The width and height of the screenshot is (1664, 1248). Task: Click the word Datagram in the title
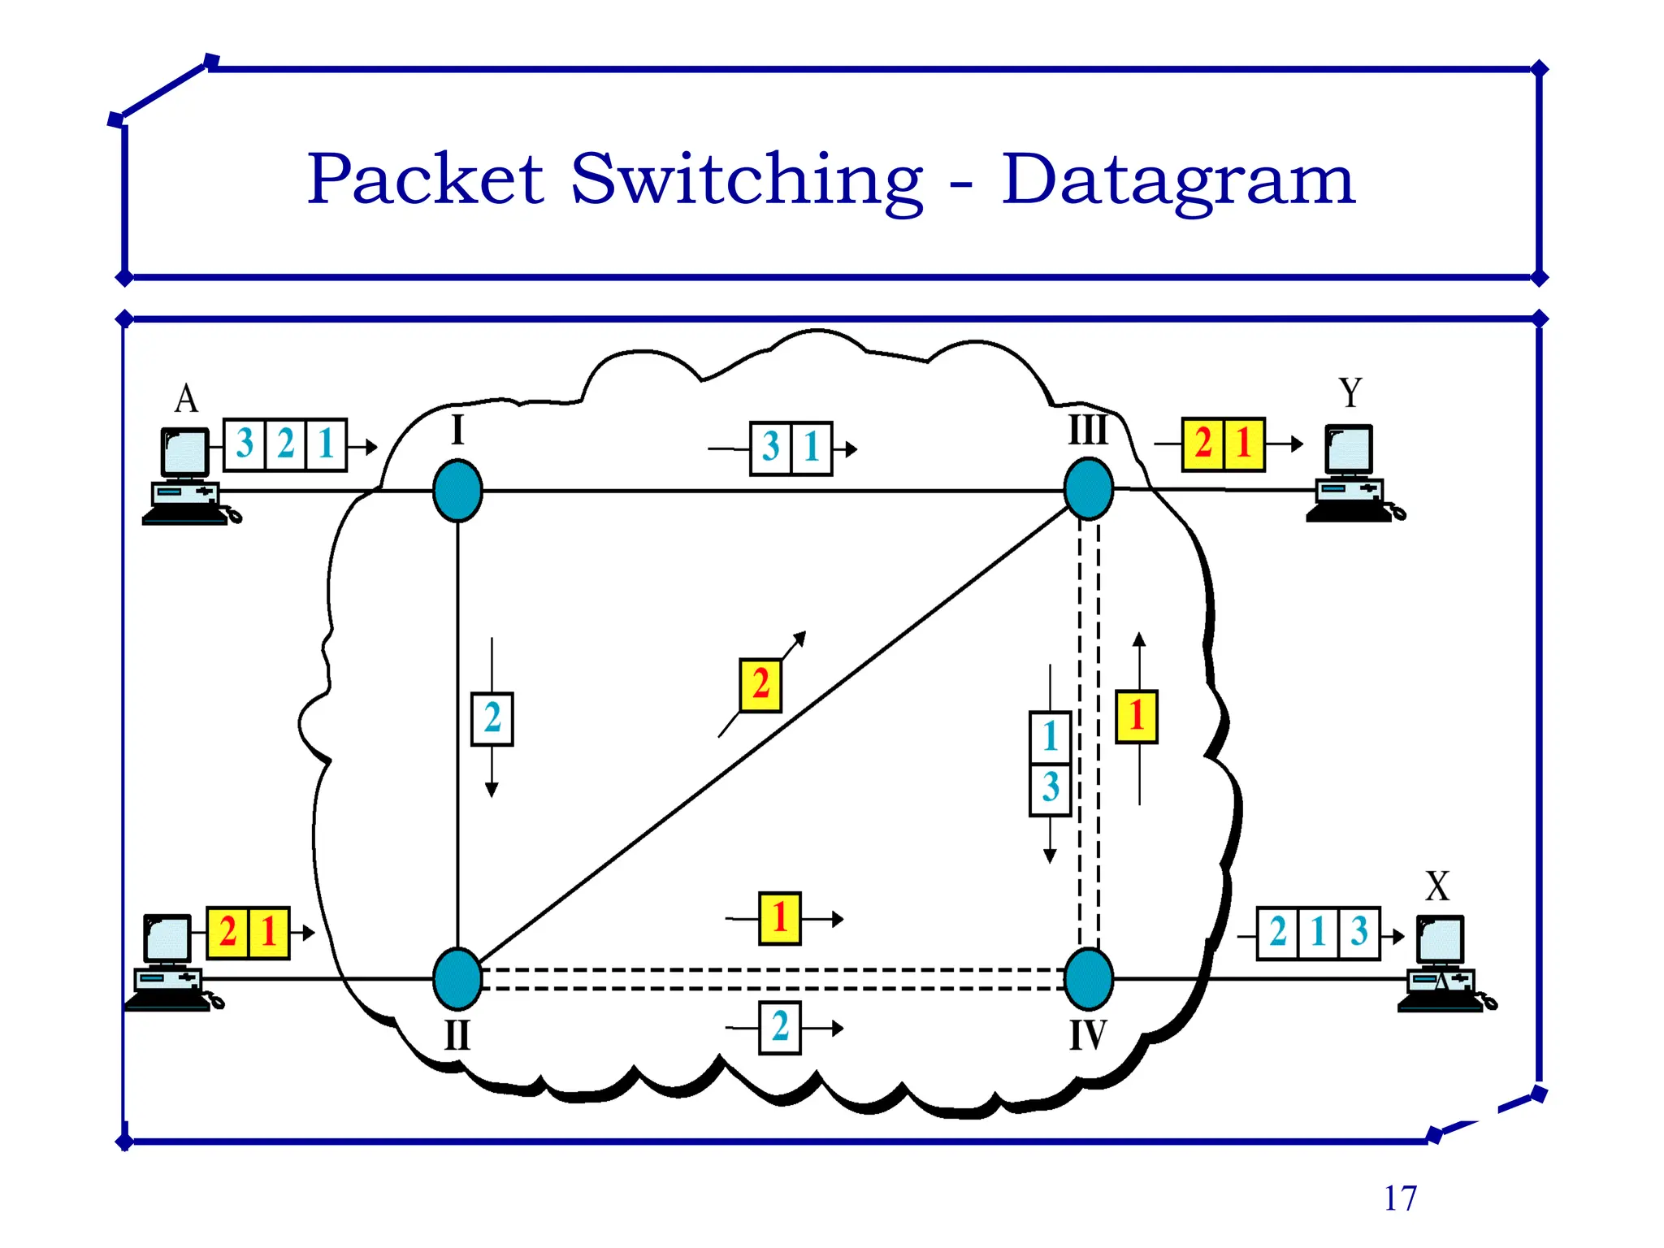pyautogui.click(x=1178, y=180)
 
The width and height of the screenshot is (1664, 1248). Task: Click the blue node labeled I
pyautogui.click(x=457, y=491)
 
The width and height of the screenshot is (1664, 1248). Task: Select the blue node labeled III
pyautogui.click(x=1088, y=489)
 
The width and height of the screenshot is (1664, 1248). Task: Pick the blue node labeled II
pyautogui.click(x=457, y=978)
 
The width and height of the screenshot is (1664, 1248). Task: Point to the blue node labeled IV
pyautogui.click(x=1088, y=978)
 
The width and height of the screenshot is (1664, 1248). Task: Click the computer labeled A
pyautogui.click(x=185, y=475)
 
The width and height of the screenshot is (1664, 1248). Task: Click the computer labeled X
pyautogui.click(x=1441, y=963)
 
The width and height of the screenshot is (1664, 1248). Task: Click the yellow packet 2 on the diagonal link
pyautogui.click(x=760, y=685)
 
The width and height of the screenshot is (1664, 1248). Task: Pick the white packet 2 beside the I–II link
pyautogui.click(x=492, y=718)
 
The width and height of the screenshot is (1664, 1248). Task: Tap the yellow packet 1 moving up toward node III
pyautogui.click(x=1136, y=717)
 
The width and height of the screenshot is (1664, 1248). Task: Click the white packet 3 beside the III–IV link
pyautogui.click(x=1050, y=788)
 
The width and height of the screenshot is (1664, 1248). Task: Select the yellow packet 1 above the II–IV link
pyautogui.click(x=780, y=918)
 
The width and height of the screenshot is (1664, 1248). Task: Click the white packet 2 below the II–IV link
pyautogui.click(x=780, y=1027)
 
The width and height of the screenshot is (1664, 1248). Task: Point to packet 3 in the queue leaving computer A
pyautogui.click(x=245, y=444)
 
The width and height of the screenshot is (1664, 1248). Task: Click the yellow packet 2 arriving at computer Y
pyautogui.click(x=1202, y=444)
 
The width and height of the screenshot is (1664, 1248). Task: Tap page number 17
pyautogui.click(x=1400, y=1198)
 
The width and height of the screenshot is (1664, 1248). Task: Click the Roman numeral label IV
pyautogui.click(x=1088, y=1035)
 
